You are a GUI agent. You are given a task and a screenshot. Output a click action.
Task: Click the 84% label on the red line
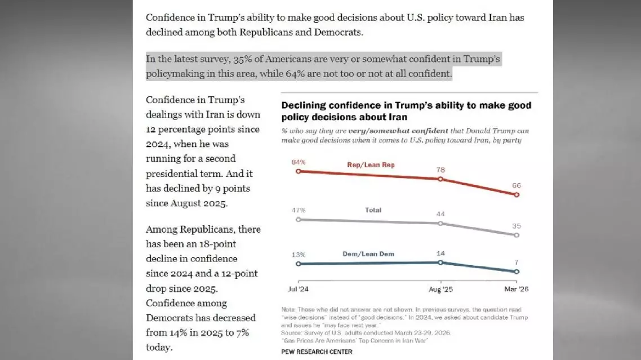pyautogui.click(x=298, y=162)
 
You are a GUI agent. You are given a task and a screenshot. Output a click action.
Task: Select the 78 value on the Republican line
pyautogui.click(x=440, y=170)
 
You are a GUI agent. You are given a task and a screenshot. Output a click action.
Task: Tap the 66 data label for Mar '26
pyautogui.click(x=517, y=185)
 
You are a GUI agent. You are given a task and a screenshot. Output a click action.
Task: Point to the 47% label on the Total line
pyautogui.click(x=298, y=210)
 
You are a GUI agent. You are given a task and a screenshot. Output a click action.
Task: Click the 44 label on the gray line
pyautogui.click(x=440, y=214)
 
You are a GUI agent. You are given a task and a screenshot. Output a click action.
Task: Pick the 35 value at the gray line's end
pyautogui.click(x=517, y=226)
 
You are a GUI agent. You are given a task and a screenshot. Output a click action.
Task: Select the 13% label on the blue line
pyautogui.click(x=298, y=254)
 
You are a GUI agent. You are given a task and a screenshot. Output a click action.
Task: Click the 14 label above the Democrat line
pyautogui.click(x=440, y=253)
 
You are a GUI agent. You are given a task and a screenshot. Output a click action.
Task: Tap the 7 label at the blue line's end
pyautogui.click(x=517, y=262)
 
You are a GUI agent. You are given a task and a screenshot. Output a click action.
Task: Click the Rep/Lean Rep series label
pyautogui.click(x=371, y=165)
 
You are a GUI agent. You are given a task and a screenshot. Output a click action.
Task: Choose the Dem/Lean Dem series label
pyautogui.click(x=368, y=254)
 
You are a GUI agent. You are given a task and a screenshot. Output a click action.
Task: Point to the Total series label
pyautogui.click(x=373, y=210)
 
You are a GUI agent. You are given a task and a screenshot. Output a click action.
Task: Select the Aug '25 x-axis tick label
pyautogui.click(x=440, y=289)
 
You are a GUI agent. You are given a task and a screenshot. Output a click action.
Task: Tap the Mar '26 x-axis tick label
pyautogui.click(x=517, y=289)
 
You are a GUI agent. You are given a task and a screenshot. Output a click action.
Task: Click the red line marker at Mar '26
pyautogui.click(x=517, y=195)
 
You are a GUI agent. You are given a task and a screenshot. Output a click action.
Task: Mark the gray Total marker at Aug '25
pyautogui.click(x=440, y=223)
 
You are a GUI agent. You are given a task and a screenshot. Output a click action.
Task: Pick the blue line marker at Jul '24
pyautogui.click(x=298, y=263)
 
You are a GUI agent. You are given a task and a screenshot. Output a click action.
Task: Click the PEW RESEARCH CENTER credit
pyautogui.click(x=317, y=352)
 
